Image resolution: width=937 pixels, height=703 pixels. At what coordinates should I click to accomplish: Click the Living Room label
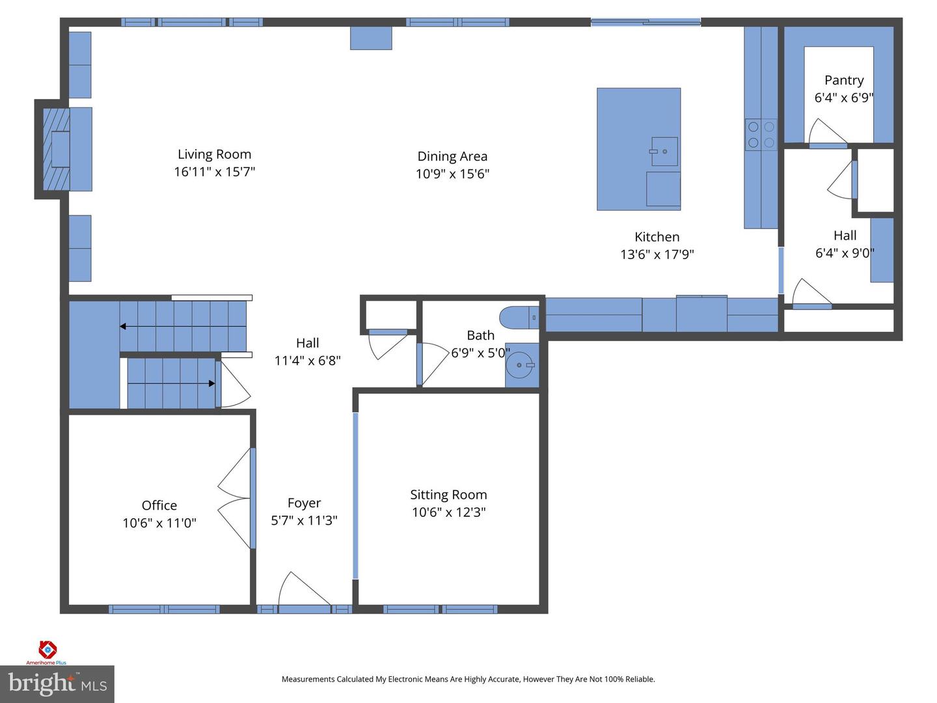(214, 154)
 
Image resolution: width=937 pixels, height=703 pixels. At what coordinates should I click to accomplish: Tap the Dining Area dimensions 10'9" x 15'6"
(452, 174)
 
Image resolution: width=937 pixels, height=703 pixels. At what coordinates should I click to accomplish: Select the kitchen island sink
(664, 152)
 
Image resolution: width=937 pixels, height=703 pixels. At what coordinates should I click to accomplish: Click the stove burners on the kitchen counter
(761, 135)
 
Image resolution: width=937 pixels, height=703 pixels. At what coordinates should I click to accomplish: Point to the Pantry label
(844, 80)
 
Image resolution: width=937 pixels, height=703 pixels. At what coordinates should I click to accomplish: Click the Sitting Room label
(448, 495)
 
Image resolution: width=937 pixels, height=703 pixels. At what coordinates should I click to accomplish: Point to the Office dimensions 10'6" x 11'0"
(159, 523)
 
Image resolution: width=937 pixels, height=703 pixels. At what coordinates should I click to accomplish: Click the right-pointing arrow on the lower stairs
(211, 383)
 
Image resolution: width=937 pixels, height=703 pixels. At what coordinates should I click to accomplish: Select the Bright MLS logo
(57, 684)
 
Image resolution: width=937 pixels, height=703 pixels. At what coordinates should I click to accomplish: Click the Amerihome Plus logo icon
(48, 649)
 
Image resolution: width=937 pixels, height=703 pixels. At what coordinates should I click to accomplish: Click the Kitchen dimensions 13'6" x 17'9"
(657, 255)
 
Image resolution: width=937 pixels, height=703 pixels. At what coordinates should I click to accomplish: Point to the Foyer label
(304, 503)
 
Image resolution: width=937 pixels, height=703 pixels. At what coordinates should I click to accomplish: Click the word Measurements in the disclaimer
(308, 679)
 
